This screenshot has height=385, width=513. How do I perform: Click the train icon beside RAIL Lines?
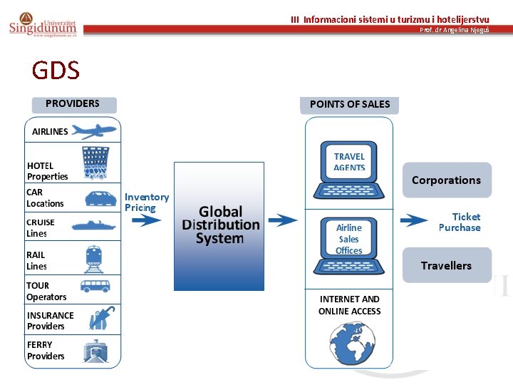point(94,258)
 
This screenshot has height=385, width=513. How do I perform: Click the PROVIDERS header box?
point(73,104)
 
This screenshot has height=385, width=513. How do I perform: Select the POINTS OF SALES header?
point(349,105)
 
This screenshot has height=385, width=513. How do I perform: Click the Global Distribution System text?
point(220,225)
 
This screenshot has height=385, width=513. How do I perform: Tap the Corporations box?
point(447,180)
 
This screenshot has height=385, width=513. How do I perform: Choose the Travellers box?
point(447,265)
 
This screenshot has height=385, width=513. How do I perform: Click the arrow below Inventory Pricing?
point(147,220)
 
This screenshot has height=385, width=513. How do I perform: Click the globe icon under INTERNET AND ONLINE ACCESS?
point(349,343)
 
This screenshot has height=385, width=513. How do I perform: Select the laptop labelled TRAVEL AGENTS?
point(349,172)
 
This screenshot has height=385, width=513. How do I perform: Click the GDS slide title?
point(56,71)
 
